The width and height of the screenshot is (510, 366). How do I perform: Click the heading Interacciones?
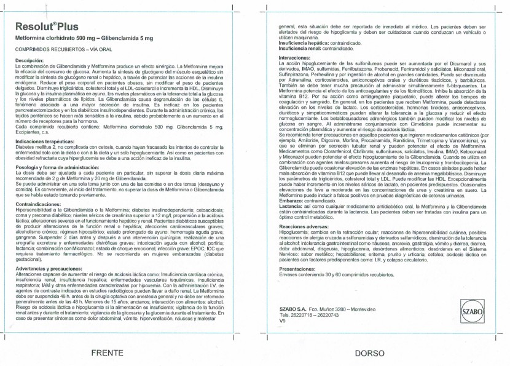click(x=294, y=57)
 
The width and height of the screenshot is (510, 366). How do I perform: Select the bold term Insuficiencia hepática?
click(x=302, y=43)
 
